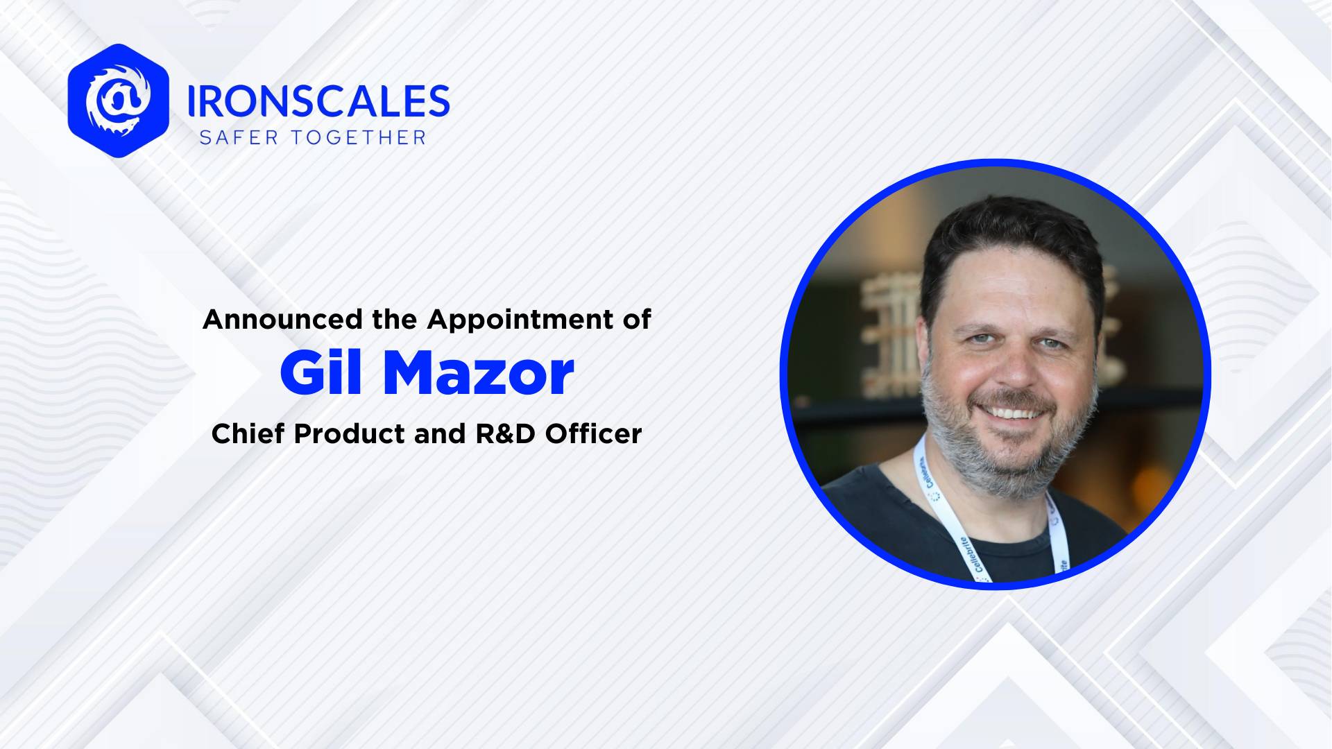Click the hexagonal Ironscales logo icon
(119, 101)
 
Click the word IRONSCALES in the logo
(318, 101)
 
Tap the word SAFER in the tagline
(239, 137)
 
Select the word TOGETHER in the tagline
(358, 137)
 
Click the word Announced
(282, 320)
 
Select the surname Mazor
(478, 374)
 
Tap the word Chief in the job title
(248, 434)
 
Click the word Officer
(593, 434)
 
